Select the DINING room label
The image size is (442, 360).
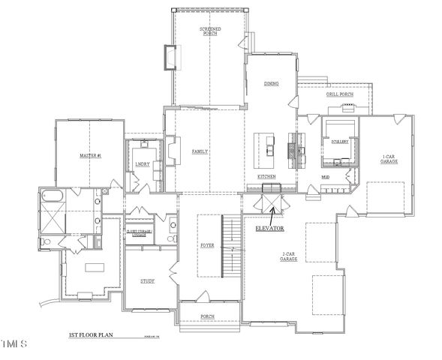(x=271, y=84)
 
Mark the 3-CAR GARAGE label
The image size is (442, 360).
(x=290, y=257)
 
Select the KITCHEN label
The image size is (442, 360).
(x=267, y=176)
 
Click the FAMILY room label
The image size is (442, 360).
(x=200, y=151)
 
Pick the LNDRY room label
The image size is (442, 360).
(x=142, y=163)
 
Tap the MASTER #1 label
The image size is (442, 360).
(x=90, y=155)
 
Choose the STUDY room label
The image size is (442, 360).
(x=148, y=281)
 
